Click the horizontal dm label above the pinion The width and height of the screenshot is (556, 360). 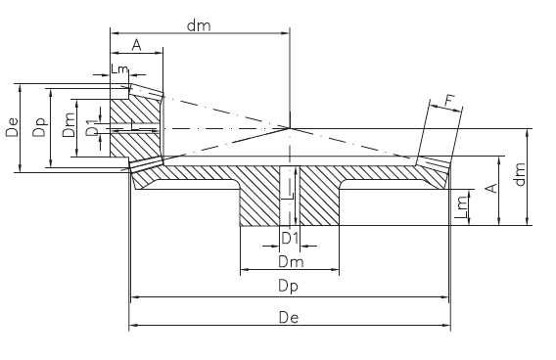click(199, 25)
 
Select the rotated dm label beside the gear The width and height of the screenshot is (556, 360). click(519, 174)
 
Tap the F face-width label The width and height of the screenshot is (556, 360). click(449, 101)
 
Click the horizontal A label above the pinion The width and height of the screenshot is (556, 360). click(136, 45)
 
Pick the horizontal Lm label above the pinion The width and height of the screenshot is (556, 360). click(119, 68)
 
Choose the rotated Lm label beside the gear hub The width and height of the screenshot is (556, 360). click(462, 208)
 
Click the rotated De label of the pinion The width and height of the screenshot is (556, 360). click(12, 127)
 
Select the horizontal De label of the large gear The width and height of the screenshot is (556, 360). click(289, 317)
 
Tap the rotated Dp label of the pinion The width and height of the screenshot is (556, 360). click(40, 127)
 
